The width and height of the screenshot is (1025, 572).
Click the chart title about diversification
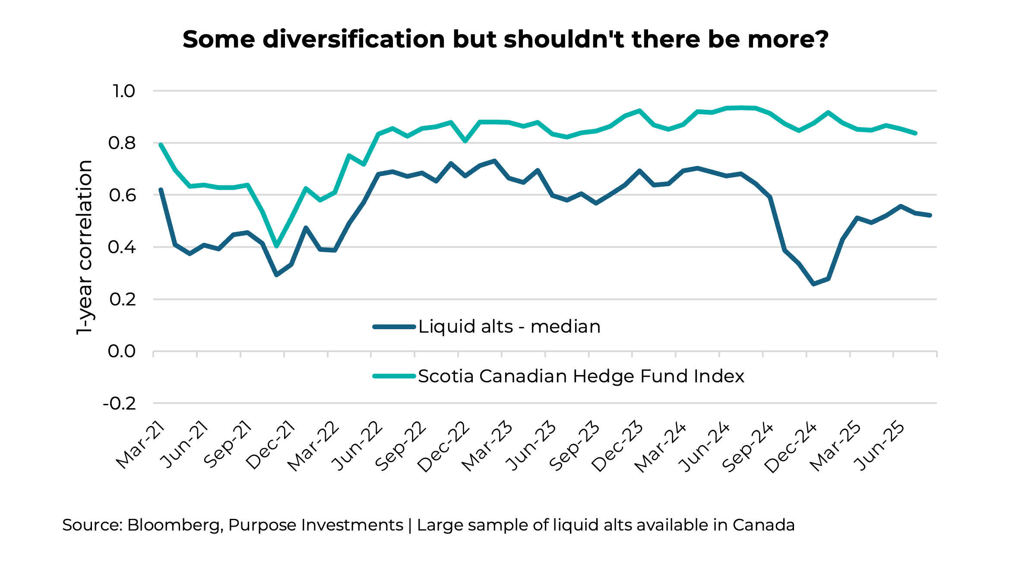[505, 40]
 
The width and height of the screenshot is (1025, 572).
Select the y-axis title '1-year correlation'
[84, 247]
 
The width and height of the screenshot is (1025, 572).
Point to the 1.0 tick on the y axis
[123, 91]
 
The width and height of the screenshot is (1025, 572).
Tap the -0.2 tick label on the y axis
[119, 404]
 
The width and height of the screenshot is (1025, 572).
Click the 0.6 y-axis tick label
[122, 195]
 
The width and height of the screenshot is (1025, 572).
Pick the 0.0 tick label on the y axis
[121, 352]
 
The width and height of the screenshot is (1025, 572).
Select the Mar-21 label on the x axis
[141, 445]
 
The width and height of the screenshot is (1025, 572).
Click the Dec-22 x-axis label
[443, 447]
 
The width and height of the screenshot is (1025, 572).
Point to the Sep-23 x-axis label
[574, 446]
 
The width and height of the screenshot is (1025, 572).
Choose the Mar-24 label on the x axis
[660, 447]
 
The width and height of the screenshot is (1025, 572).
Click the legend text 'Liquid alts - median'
[509, 327]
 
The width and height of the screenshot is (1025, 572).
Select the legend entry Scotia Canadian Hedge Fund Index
[581, 376]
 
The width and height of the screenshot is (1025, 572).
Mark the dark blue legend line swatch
[394, 327]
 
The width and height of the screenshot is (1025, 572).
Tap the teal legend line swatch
[394, 376]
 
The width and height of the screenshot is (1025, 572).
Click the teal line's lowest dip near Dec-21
[277, 246]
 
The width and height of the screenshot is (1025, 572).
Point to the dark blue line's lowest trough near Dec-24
[814, 284]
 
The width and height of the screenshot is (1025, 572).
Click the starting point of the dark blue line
[161, 190]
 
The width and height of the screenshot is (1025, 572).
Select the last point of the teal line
[915, 133]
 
